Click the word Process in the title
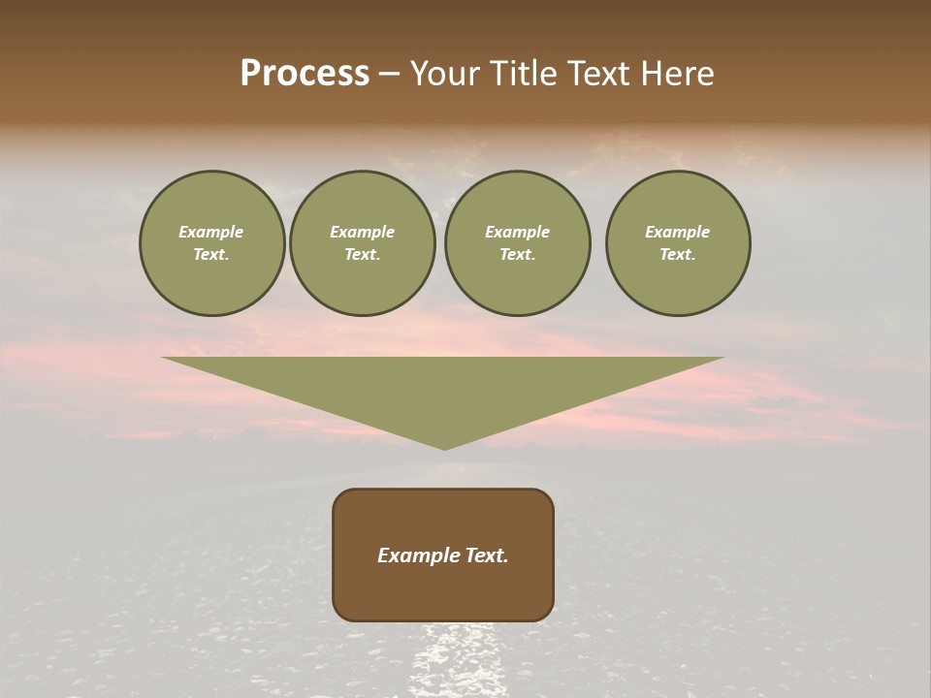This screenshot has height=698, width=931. pos(305,74)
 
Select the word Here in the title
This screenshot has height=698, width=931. pos(675,74)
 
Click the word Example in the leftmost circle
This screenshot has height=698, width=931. pos(211,232)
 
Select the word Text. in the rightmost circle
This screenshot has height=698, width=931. pos(678,254)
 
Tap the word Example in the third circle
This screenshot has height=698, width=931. pos(517,232)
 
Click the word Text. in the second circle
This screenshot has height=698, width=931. pos(363,254)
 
